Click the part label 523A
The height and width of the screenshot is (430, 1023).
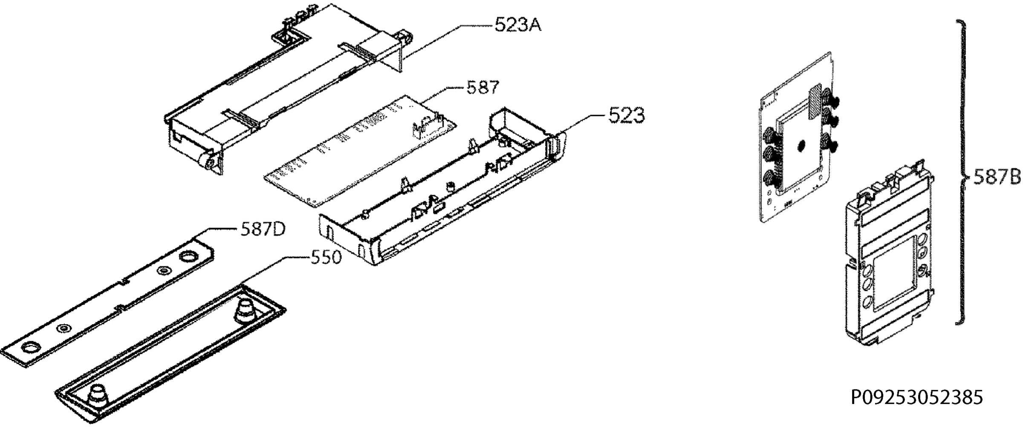tap(517, 25)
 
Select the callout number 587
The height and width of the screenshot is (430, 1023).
tap(483, 87)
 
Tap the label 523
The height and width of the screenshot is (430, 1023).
tap(626, 115)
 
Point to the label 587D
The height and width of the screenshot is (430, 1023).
tap(263, 230)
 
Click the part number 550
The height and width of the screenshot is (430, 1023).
tap(325, 257)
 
